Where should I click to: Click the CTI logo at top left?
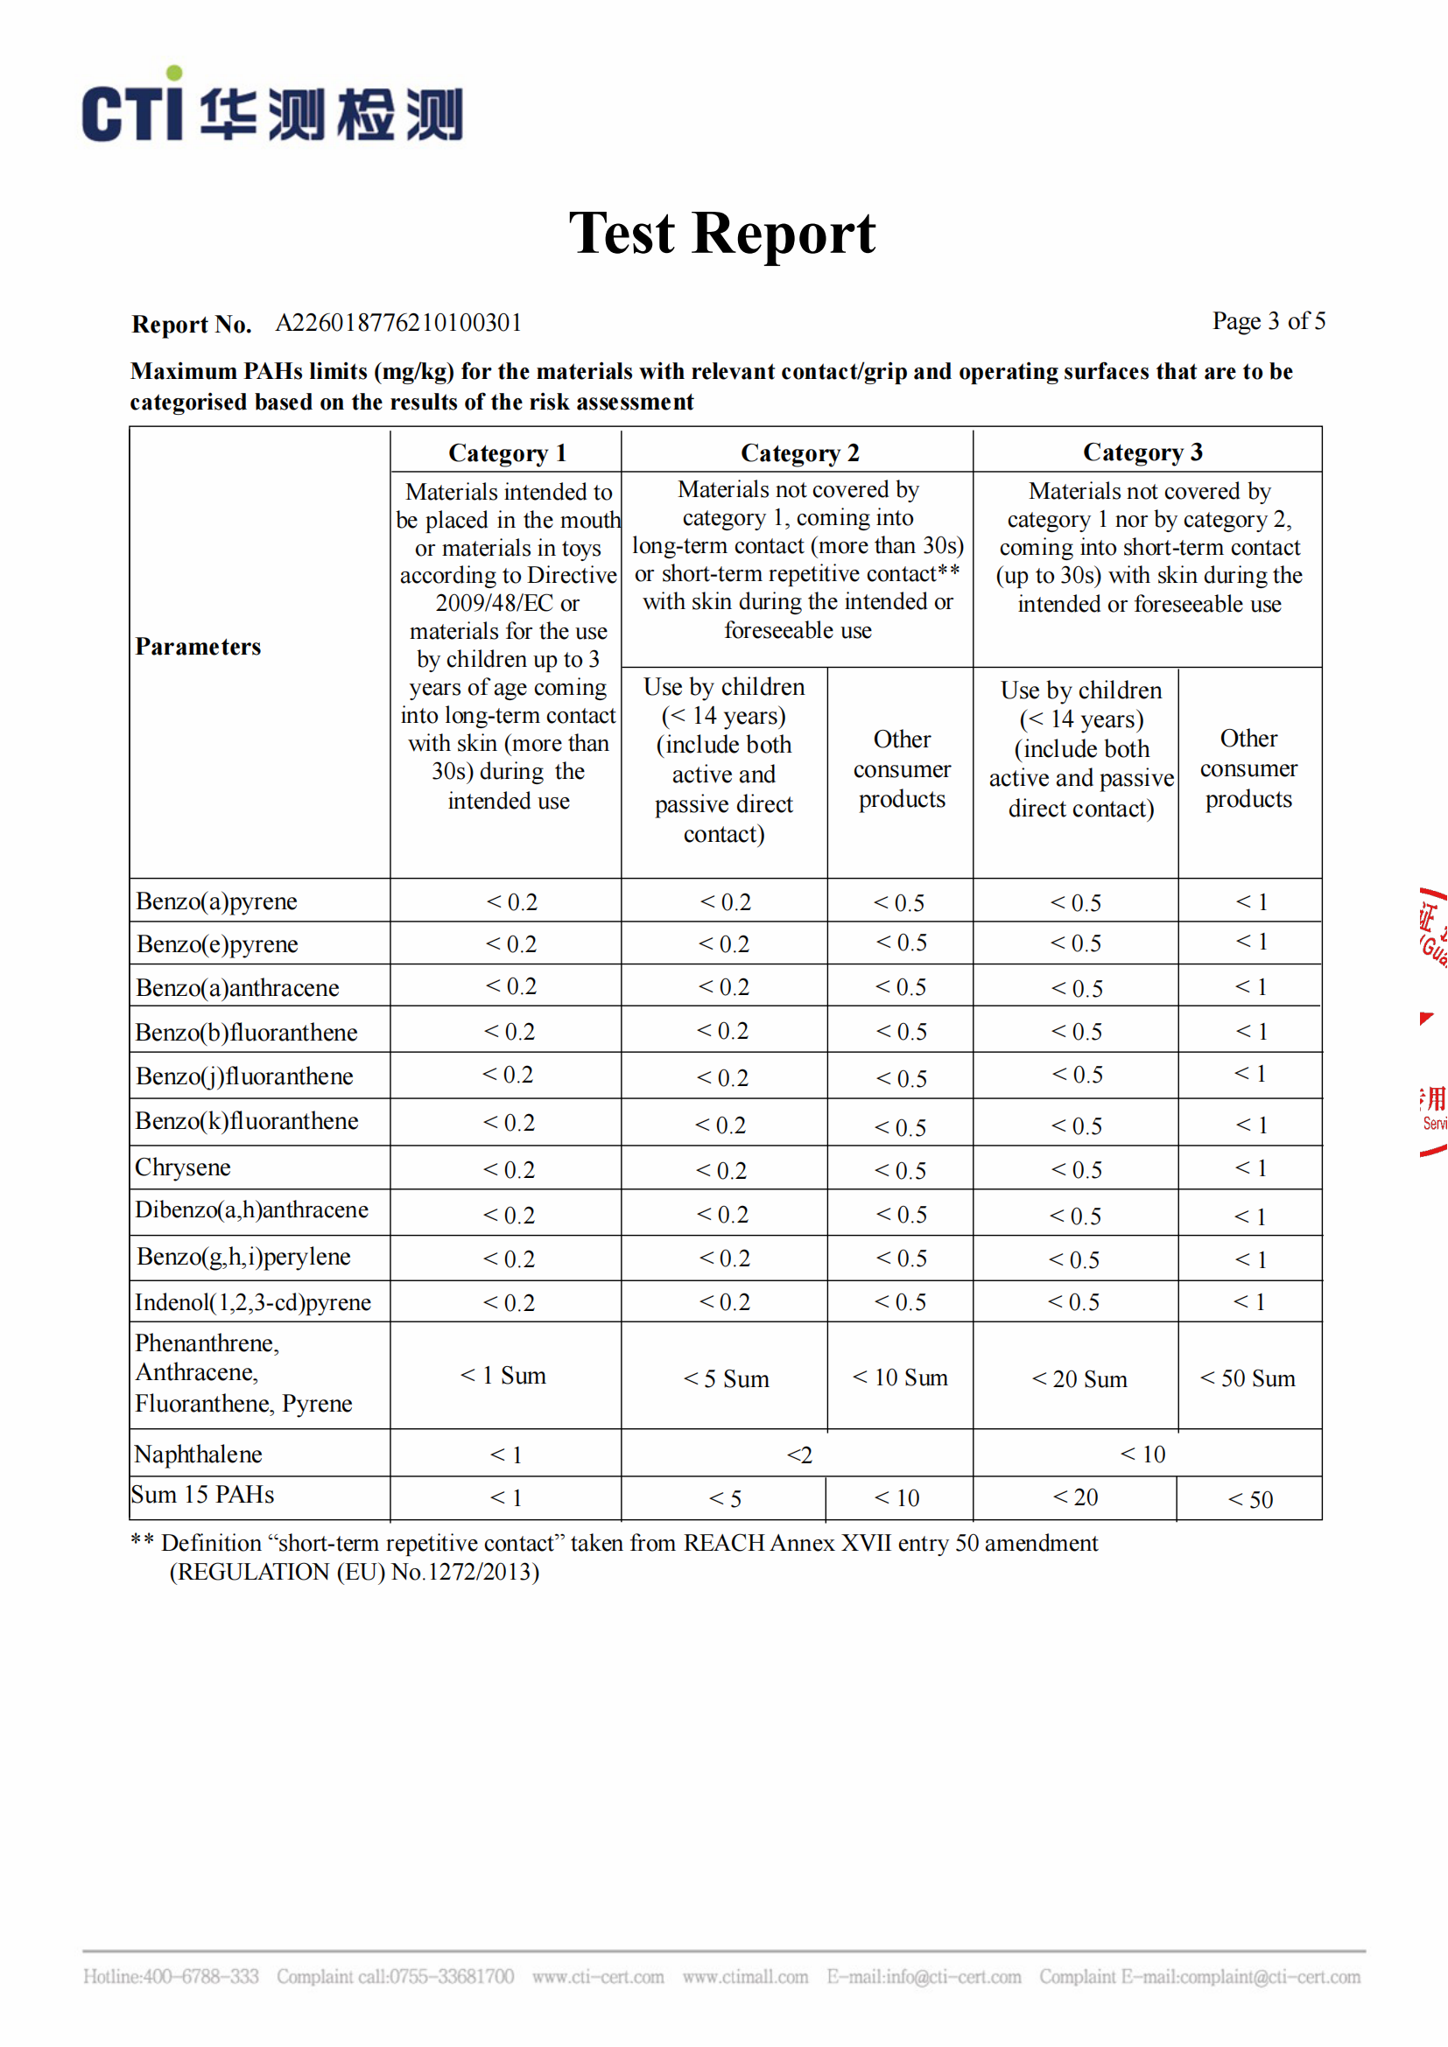tap(272, 109)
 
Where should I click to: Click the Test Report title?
tap(722, 234)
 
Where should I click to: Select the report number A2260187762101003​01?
tap(398, 323)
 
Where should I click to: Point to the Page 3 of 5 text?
tap(1268, 321)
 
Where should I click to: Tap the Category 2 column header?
tap(799, 453)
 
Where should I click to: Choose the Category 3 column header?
tap(1142, 452)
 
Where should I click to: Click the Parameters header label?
tap(198, 647)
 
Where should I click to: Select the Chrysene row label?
tap(183, 1167)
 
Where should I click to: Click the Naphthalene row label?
tap(198, 1455)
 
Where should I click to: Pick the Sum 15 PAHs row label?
tap(202, 1495)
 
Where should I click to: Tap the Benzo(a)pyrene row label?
tap(216, 901)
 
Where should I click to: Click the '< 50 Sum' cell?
tap(1248, 1378)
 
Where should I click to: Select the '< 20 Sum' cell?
tap(1079, 1379)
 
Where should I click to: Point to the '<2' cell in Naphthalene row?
tap(799, 1455)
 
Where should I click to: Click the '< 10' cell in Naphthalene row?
tap(1142, 1455)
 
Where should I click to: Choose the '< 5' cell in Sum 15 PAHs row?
tap(725, 1498)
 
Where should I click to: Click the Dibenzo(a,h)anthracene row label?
tap(251, 1209)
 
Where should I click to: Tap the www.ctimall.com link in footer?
tap(744, 1977)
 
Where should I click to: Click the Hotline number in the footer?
tap(172, 1977)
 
